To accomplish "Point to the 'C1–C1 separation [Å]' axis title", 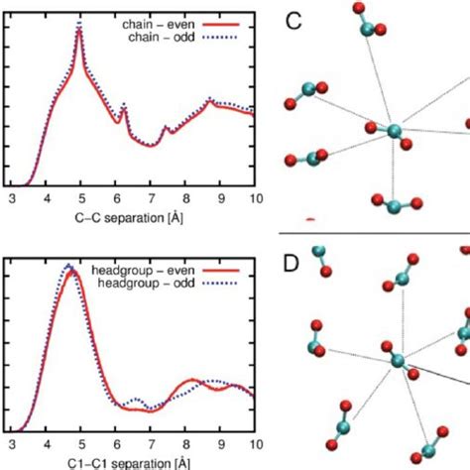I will pos(132,462).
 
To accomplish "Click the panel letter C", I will pos(294,19).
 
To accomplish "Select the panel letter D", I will pos(294,268).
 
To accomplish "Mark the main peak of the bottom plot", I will pos(67,267).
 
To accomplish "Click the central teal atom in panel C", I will pos(393,130).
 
